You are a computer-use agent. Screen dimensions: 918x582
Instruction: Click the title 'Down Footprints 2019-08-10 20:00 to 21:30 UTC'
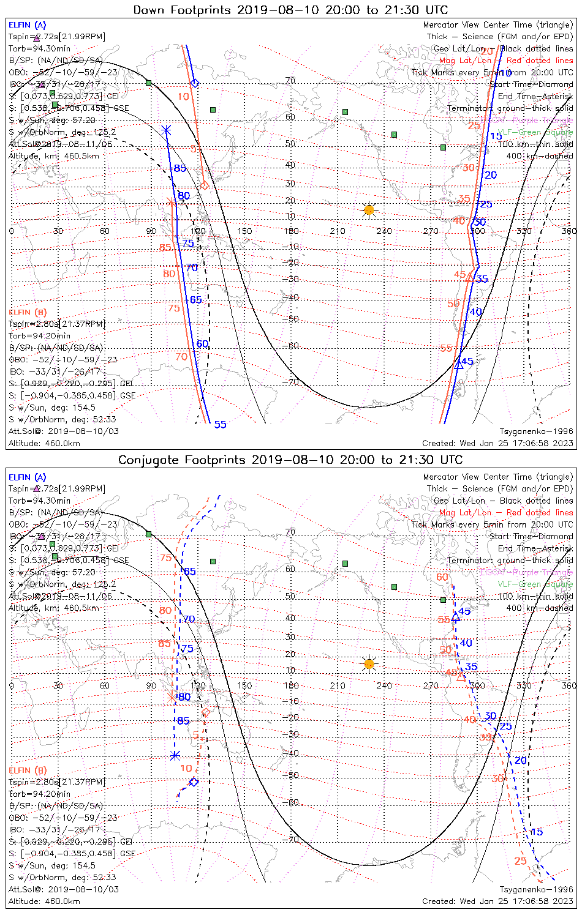point(290,10)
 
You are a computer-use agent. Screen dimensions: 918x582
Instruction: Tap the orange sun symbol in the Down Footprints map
point(368,210)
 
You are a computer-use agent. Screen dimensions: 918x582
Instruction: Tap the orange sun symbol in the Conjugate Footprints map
point(368,663)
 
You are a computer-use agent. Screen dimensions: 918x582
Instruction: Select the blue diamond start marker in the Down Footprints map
point(195,83)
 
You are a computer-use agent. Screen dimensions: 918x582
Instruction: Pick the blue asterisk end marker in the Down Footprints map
point(166,130)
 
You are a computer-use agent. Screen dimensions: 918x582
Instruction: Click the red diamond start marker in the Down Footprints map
point(205,185)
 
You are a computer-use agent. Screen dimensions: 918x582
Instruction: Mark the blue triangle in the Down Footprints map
point(459,364)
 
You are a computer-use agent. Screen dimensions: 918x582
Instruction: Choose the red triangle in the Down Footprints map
point(469,278)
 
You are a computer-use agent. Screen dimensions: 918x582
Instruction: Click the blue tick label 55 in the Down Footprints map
point(220,425)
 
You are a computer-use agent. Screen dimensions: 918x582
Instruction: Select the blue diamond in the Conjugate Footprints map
point(194,782)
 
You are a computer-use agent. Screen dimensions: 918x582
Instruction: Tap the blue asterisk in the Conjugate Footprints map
point(175,756)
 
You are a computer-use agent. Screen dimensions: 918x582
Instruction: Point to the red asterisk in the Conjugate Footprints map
point(172,697)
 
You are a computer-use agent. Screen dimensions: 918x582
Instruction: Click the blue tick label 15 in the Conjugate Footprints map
point(536,832)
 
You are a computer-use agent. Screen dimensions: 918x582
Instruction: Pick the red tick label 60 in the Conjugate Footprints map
point(442,577)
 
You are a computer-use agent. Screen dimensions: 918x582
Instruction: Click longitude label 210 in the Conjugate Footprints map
point(338,685)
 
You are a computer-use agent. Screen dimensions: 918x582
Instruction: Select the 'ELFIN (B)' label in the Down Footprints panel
point(28,312)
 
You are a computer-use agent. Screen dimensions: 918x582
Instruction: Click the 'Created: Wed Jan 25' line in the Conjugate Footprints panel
point(497,901)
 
